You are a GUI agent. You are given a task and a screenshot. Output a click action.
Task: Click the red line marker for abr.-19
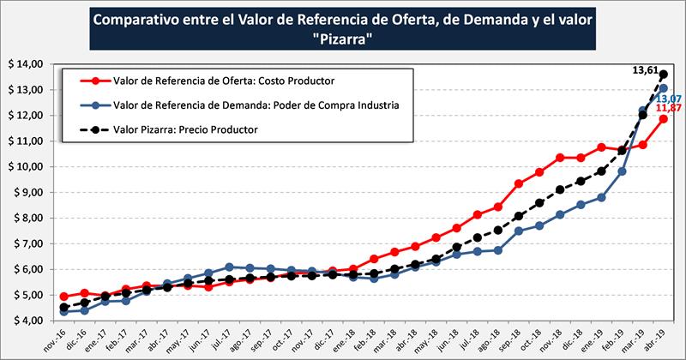[664, 119]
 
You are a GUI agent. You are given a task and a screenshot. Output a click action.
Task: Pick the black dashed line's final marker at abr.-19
[664, 75]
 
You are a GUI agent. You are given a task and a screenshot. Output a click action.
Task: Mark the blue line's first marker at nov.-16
[64, 312]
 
